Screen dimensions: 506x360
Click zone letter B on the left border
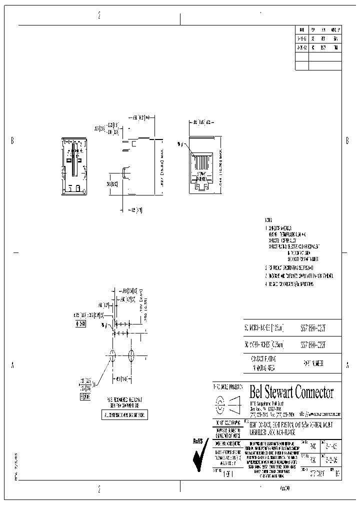[x=12, y=140]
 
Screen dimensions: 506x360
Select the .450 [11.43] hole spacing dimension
[x=121, y=378]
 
